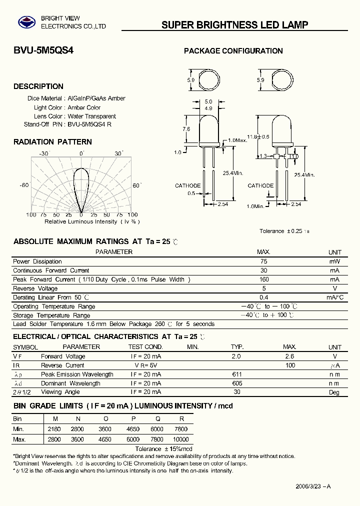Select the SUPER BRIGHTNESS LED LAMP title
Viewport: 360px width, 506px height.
[234, 25]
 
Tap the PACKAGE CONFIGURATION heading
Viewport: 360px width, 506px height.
[233, 51]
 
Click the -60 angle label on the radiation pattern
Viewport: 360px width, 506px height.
[24, 185]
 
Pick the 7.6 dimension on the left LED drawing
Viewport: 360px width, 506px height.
[186, 129]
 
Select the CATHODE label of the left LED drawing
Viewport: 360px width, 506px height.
[188, 185]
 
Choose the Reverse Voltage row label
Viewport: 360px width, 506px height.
[35, 288]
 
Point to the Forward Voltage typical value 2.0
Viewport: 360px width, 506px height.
[236, 356]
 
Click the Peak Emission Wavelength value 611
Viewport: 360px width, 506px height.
[237, 374]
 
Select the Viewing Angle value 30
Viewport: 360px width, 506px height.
[237, 392]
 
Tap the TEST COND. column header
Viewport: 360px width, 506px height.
[145, 347]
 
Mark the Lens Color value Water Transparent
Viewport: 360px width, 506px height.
[92, 116]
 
